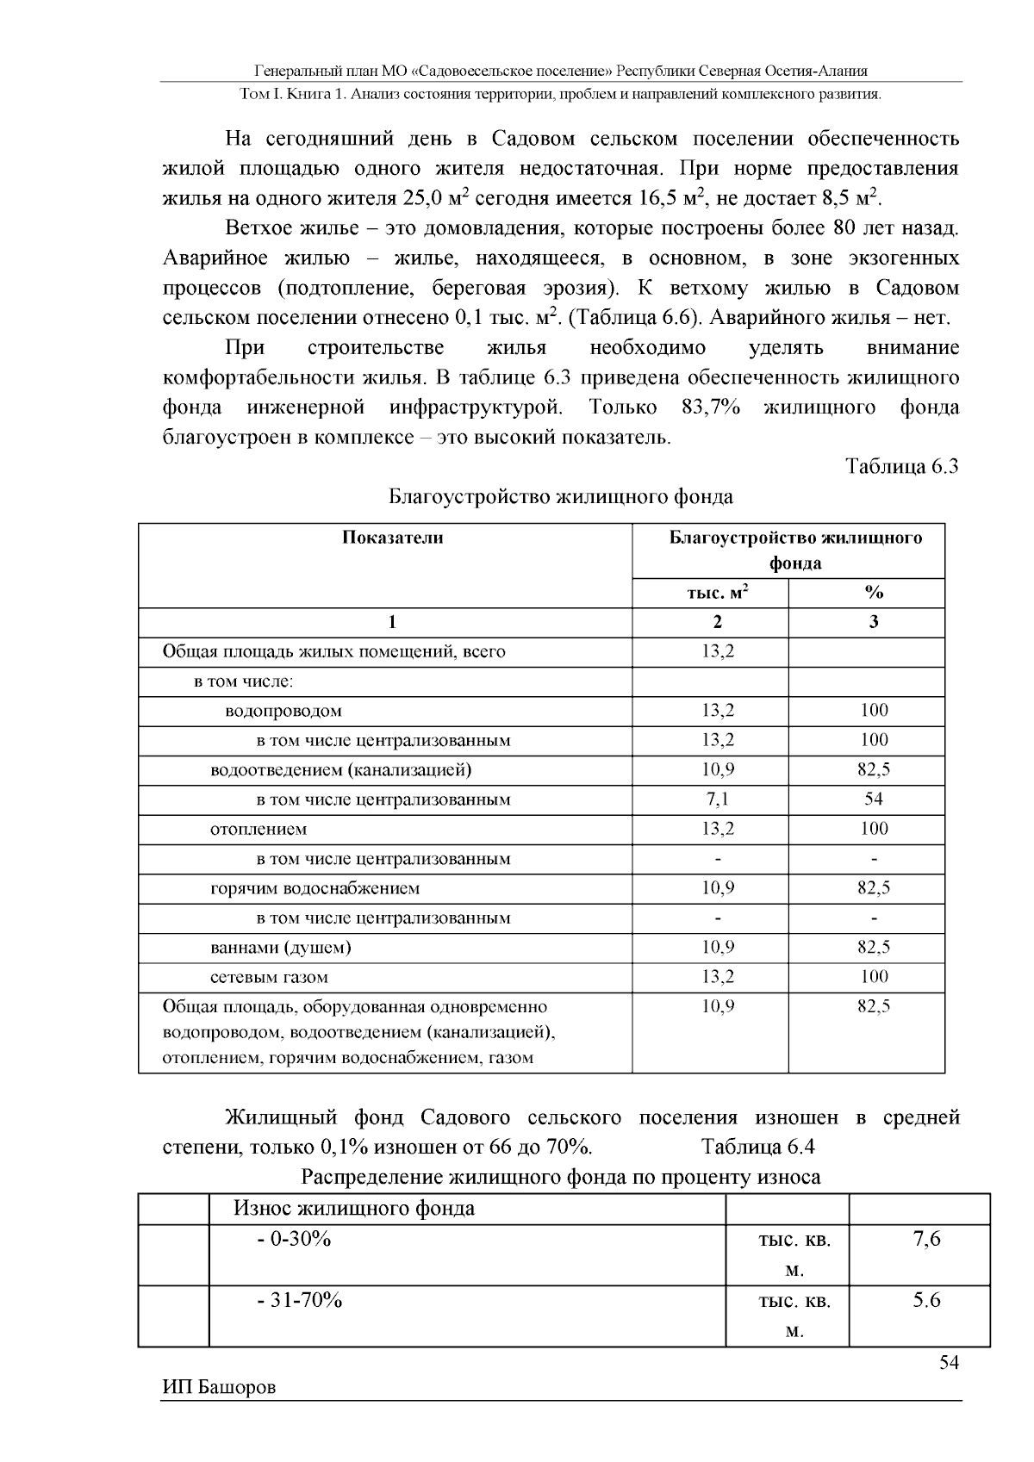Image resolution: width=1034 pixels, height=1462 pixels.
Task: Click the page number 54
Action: [x=948, y=1363]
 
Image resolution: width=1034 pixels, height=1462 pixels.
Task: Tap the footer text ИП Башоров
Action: [x=219, y=1388]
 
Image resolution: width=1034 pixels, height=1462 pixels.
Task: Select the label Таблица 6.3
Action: [x=901, y=467]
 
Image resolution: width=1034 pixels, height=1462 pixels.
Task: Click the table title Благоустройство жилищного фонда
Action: [x=561, y=497]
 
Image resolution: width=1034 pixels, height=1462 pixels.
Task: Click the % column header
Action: [x=874, y=593]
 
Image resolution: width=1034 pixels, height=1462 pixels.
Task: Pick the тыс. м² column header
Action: [x=717, y=593]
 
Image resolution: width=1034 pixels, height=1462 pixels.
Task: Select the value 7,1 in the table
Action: [x=717, y=799]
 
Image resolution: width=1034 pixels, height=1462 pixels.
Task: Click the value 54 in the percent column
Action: [x=874, y=799]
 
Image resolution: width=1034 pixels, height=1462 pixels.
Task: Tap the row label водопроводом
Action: [x=283, y=712]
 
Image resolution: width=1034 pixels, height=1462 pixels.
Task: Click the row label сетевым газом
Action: [x=269, y=978]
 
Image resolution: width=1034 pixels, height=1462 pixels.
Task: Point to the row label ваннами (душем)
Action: [x=281, y=949]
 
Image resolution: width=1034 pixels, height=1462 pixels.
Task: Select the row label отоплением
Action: [x=258, y=830]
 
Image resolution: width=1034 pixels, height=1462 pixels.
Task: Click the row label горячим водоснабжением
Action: [x=315, y=889]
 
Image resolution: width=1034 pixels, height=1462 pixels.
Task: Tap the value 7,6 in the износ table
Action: [x=927, y=1240]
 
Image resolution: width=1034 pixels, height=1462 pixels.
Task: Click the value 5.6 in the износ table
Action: [x=927, y=1301]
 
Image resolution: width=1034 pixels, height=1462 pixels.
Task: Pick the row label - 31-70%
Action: [x=300, y=1301]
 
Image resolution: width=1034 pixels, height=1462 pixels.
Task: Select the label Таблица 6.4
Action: [x=758, y=1148]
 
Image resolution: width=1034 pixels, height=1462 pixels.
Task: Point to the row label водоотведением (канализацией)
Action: [x=341, y=770]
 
